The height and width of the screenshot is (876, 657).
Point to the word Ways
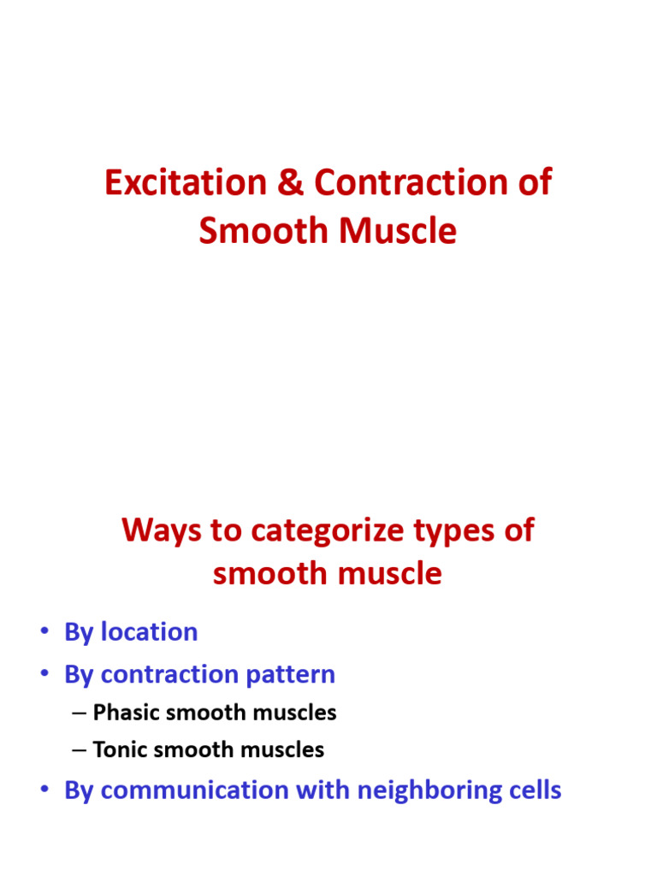(157, 530)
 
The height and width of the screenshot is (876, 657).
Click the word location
(149, 632)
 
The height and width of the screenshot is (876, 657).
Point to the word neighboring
(417, 790)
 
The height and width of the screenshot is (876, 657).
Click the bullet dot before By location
(44, 633)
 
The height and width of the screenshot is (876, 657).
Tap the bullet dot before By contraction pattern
(44, 676)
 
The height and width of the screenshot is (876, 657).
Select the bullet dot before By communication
(44, 790)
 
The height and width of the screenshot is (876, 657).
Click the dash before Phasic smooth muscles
(80, 713)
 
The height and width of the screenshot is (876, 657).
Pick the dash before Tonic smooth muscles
(80, 751)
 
